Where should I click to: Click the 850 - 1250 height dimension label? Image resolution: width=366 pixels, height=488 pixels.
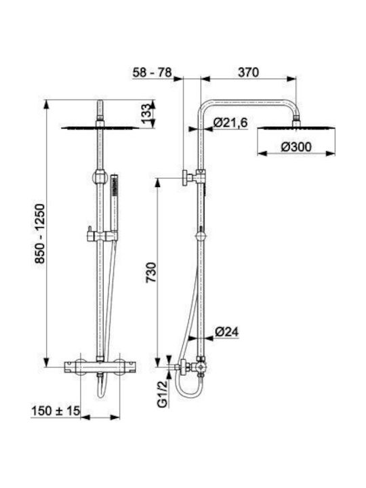click(40, 234)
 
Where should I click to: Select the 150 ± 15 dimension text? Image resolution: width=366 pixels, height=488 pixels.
click(56, 411)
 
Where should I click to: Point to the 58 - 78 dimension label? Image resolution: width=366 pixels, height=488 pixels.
click(152, 73)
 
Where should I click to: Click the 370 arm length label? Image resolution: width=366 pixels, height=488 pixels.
click(248, 73)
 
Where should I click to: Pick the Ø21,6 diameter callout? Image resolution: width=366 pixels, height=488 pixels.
click(230, 123)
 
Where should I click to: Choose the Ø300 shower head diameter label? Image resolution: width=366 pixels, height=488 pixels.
click(296, 146)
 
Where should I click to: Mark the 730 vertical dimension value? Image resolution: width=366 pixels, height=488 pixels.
click(152, 272)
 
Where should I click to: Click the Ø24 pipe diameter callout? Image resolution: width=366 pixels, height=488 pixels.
click(226, 331)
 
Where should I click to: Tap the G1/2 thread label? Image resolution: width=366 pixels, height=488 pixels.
click(163, 394)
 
